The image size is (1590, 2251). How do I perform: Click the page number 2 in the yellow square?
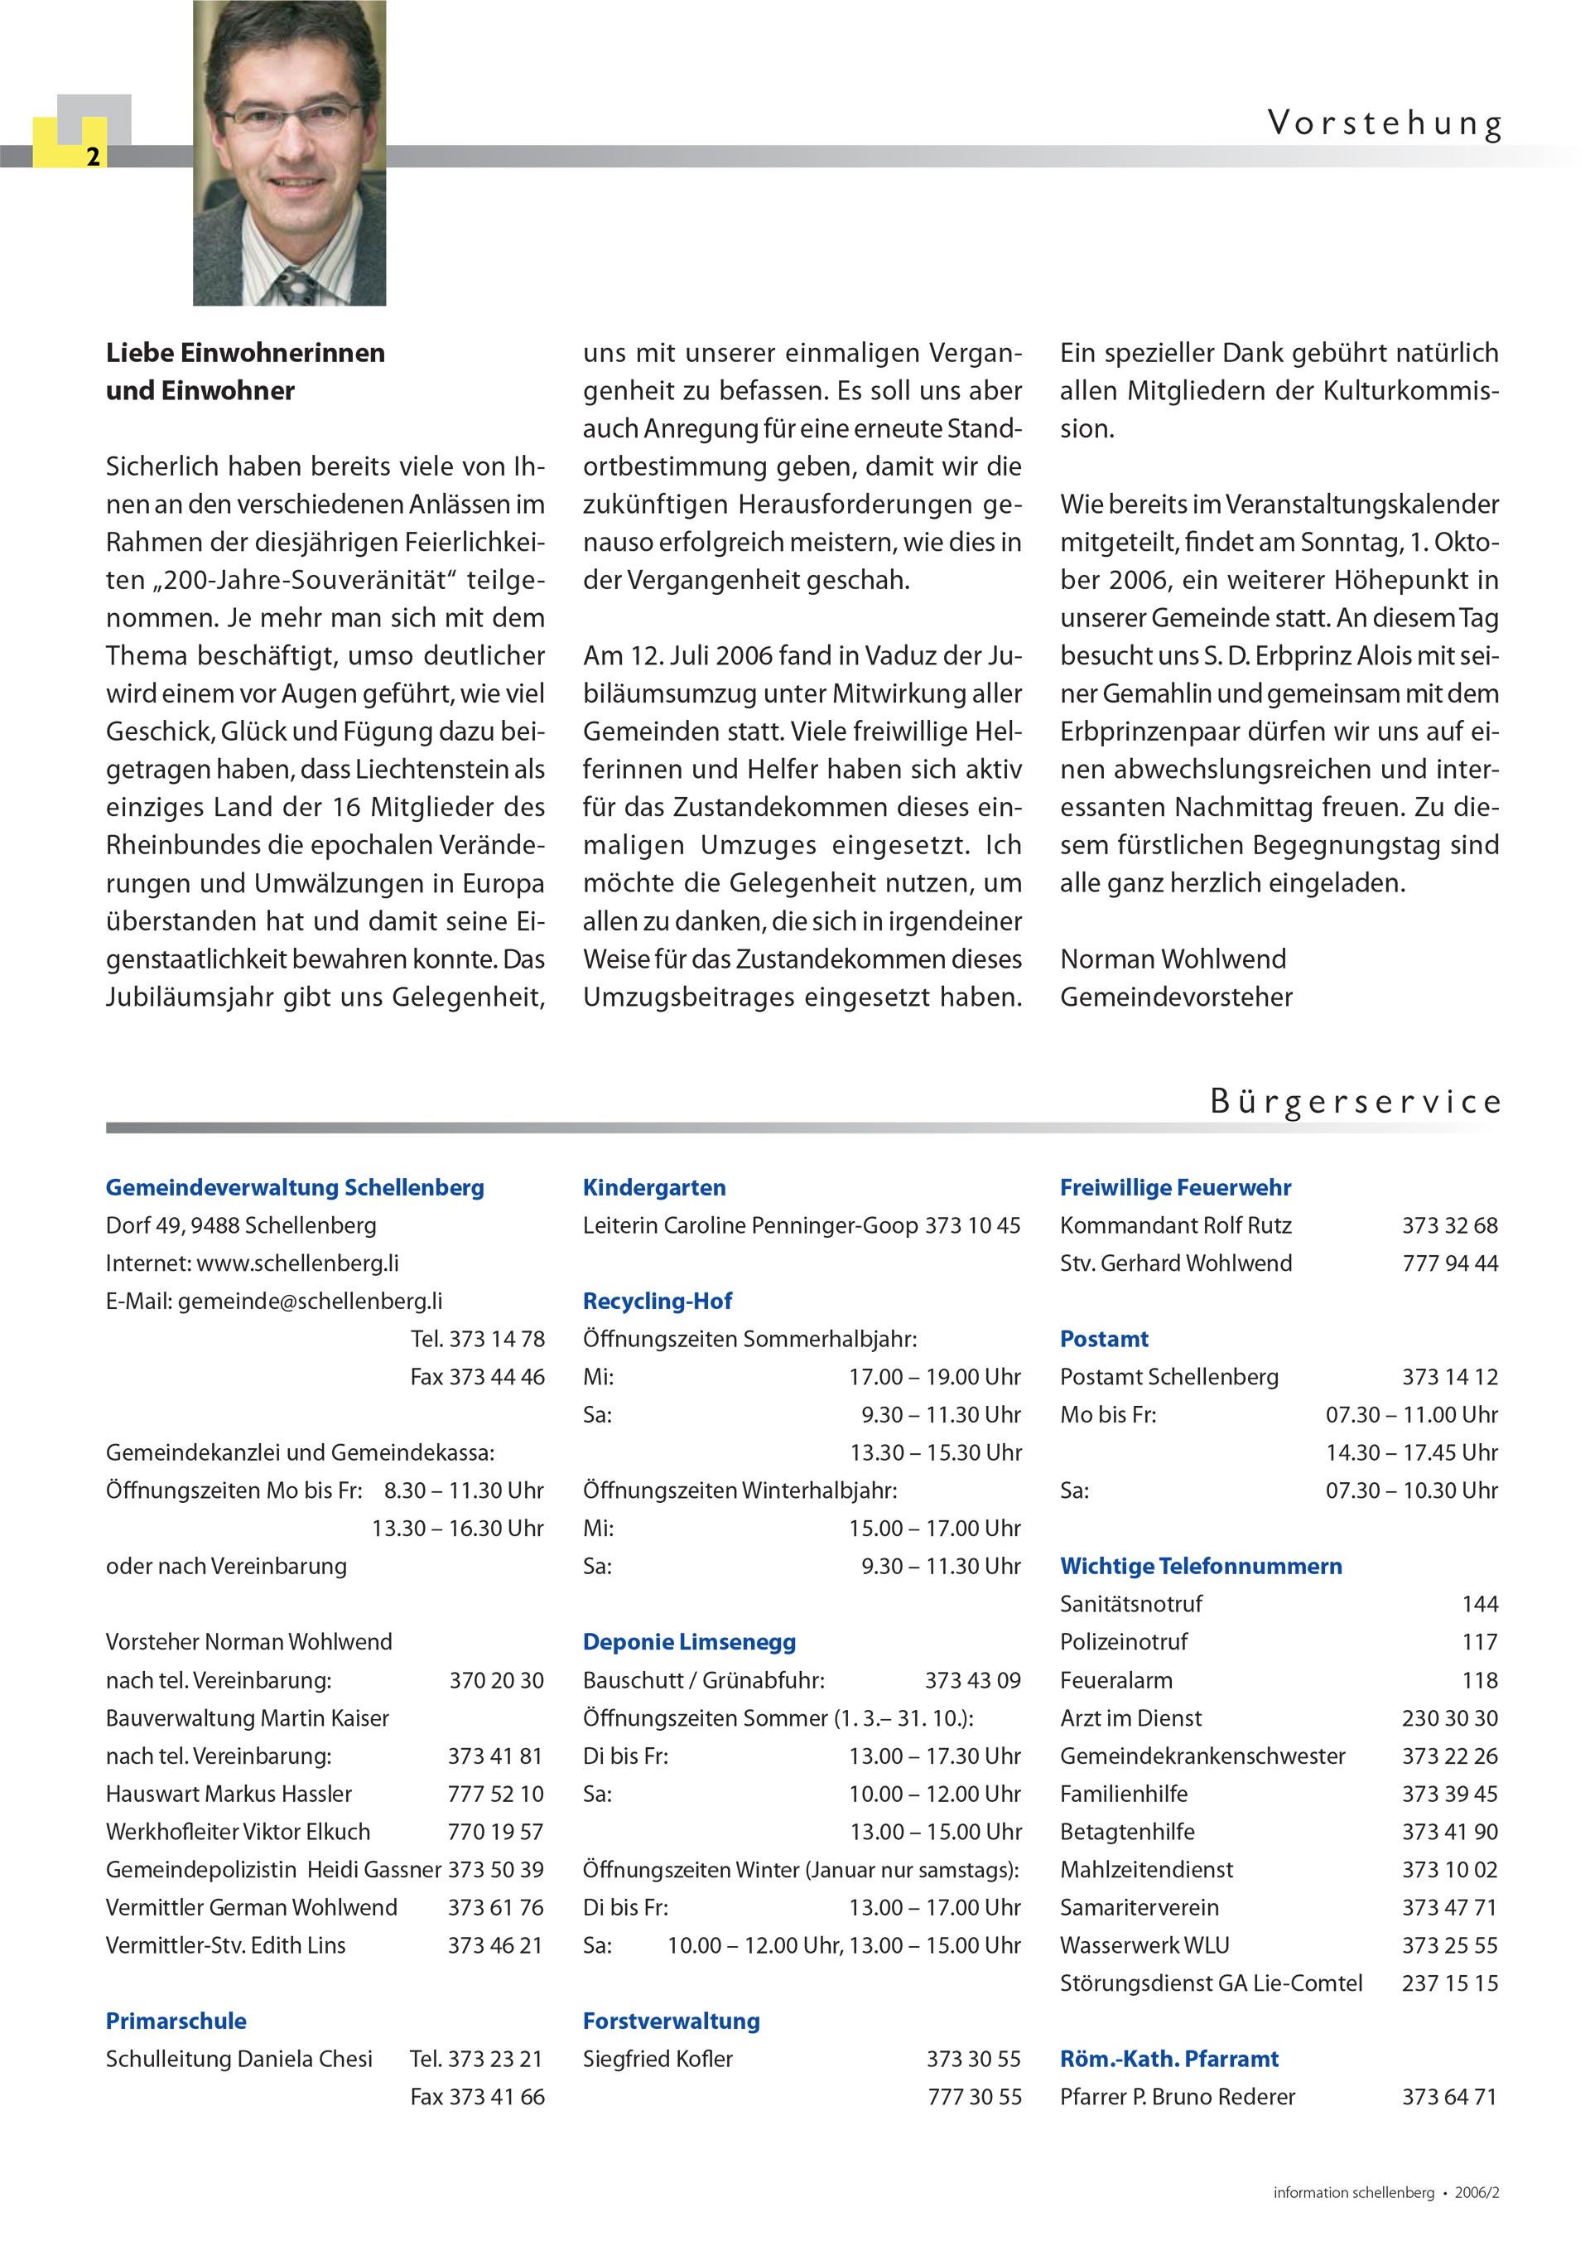point(93,157)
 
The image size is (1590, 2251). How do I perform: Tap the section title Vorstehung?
point(1384,123)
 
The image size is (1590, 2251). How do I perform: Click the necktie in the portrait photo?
point(293,285)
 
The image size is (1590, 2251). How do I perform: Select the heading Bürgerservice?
point(1355,1101)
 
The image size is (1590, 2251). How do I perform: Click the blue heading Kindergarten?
point(654,1187)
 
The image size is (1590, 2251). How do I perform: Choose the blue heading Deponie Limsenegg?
point(688,1642)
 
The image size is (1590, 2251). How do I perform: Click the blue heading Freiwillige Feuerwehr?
point(1174,1187)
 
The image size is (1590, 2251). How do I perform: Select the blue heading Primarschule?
point(176,2021)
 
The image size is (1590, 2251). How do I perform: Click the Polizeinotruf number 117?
point(1479,1642)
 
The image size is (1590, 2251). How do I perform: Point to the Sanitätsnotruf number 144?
point(1479,1604)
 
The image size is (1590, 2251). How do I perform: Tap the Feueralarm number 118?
point(1479,1680)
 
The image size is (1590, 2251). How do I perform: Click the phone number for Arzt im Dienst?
point(1449,1717)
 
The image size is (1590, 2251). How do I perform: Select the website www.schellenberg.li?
point(297,1263)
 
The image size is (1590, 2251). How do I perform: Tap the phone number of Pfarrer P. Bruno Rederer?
point(1449,2097)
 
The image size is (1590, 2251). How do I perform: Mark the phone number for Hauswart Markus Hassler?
point(495,1795)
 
